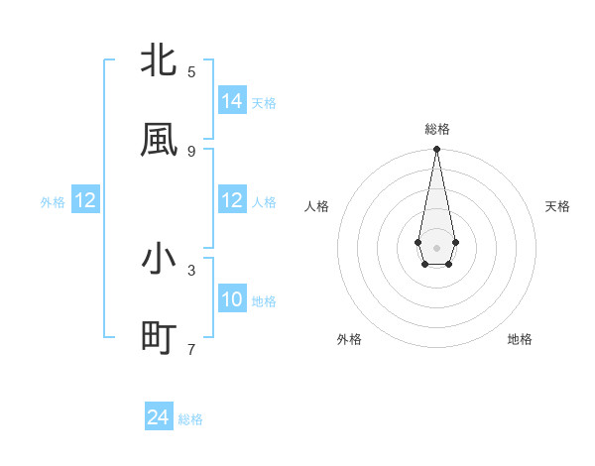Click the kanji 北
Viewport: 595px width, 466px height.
coord(159,60)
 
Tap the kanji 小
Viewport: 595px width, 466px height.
coord(159,259)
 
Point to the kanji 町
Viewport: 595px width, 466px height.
coord(159,338)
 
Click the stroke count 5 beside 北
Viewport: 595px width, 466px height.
coord(191,71)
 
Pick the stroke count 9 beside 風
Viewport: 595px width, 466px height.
coord(191,151)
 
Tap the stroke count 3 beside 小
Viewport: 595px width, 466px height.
coord(191,270)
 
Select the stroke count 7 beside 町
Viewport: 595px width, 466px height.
coord(191,349)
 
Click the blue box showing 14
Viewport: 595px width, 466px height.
coord(232,100)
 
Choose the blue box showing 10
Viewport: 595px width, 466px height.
coord(232,298)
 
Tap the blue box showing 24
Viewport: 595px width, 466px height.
coord(159,417)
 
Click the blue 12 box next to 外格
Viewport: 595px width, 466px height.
coord(85,200)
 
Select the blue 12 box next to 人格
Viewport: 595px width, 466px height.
coord(232,200)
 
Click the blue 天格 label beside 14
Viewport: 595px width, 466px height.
coord(264,103)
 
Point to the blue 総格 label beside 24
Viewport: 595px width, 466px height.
coord(190,420)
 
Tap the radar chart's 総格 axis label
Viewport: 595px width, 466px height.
coord(436,129)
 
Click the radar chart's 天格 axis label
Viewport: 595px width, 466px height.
coord(557,206)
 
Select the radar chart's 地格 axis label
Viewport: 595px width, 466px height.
coord(520,339)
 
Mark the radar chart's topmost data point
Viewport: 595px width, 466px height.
coord(436,150)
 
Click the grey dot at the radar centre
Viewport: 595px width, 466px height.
coord(436,247)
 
